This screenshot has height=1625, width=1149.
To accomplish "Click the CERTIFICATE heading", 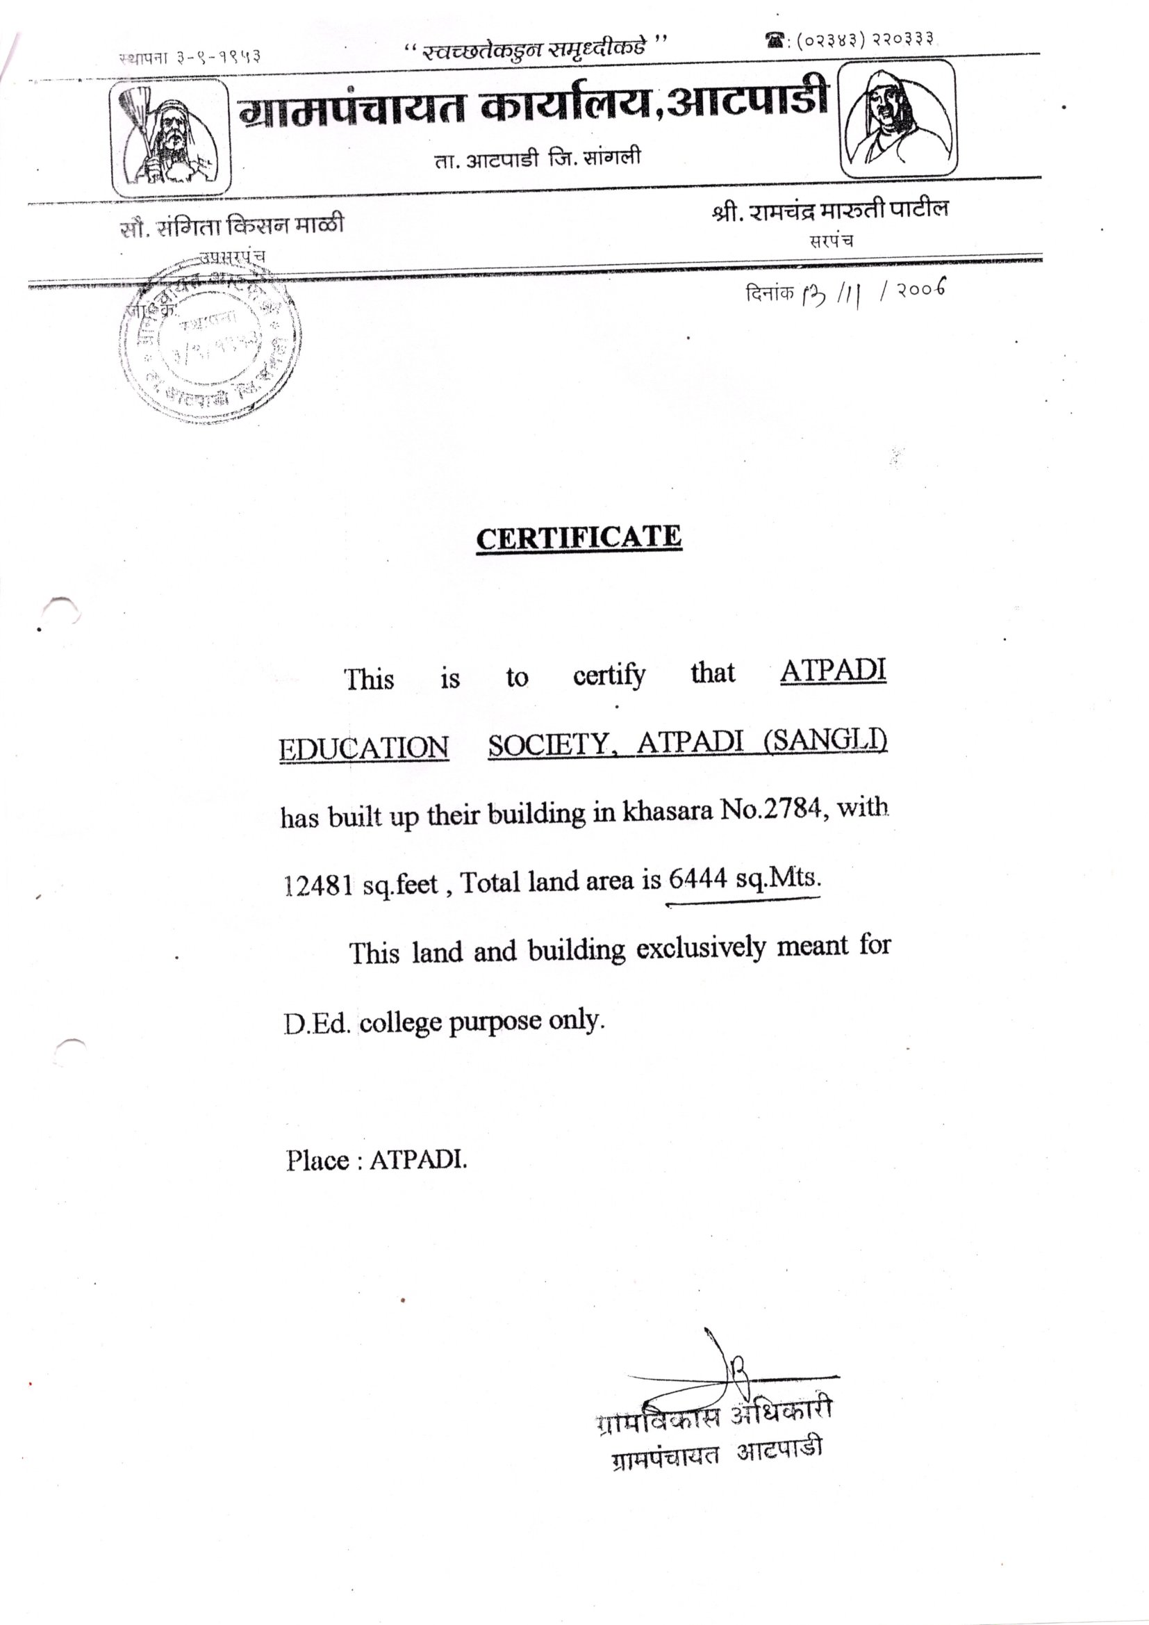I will [x=578, y=537].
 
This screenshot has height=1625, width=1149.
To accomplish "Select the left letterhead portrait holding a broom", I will [x=170, y=138].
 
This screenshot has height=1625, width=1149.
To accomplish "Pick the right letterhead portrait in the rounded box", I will [x=897, y=118].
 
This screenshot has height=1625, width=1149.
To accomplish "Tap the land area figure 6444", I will [x=697, y=879].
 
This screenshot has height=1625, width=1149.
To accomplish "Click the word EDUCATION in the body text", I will [x=363, y=748].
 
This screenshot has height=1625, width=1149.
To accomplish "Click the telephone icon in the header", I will [x=775, y=42].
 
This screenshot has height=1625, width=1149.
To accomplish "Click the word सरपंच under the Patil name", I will [x=832, y=240].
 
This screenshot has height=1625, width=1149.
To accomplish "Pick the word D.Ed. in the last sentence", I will [x=317, y=1024].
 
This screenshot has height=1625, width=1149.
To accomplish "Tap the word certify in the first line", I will [x=609, y=676].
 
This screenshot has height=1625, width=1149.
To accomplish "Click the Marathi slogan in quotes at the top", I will [x=535, y=49].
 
